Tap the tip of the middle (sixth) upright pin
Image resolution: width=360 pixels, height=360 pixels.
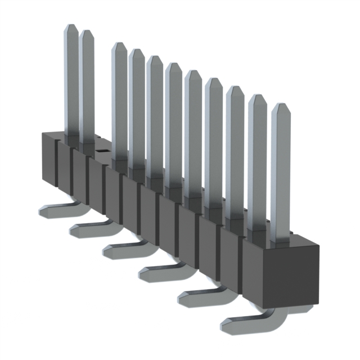pos(173,65)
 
